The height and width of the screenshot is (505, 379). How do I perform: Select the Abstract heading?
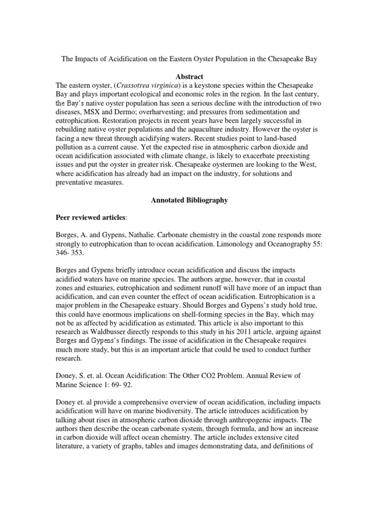(189, 76)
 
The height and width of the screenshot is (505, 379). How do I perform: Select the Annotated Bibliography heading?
(189, 201)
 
